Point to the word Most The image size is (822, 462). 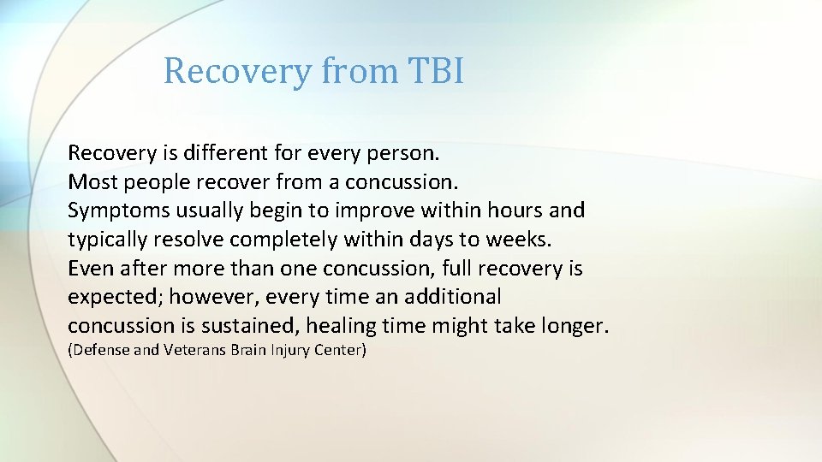click(92, 182)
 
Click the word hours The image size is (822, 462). click(515, 210)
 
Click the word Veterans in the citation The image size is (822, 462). click(194, 350)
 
